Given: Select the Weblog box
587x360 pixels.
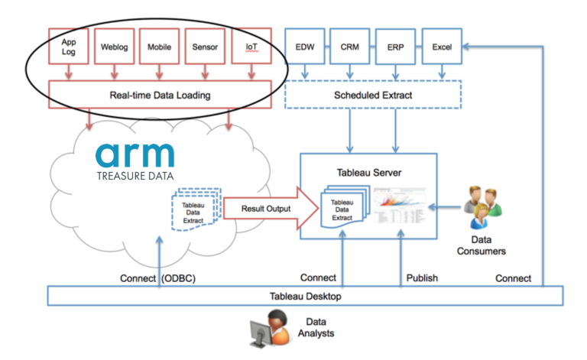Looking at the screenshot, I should click(x=115, y=47).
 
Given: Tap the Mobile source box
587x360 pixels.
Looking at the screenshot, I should click(x=161, y=47).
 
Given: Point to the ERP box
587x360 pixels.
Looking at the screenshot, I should click(x=395, y=47).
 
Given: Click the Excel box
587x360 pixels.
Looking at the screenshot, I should click(x=441, y=47).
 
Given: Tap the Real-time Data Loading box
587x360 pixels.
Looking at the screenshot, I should click(x=161, y=96).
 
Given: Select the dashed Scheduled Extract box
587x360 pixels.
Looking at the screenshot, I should click(x=373, y=96).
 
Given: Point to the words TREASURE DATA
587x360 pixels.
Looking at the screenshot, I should click(x=135, y=175).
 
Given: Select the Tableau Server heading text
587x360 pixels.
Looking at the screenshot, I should click(x=368, y=172).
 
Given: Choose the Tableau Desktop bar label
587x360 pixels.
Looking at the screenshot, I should click(x=305, y=295).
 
